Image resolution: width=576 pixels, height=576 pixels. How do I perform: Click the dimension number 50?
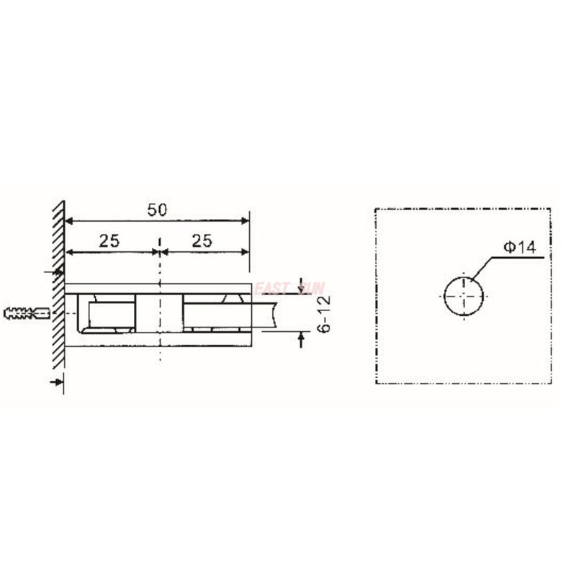pyautogui.click(x=157, y=210)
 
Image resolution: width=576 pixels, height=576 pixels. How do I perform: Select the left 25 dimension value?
pyautogui.click(x=109, y=241)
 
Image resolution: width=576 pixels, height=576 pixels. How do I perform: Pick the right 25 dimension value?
pyautogui.click(x=202, y=241)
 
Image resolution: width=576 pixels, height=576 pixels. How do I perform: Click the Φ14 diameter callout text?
pyautogui.click(x=520, y=248)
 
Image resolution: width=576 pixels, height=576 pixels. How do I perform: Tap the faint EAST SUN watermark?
pyautogui.click(x=288, y=289)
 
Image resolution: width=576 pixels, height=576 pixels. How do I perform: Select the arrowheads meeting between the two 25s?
pyautogui.click(x=158, y=252)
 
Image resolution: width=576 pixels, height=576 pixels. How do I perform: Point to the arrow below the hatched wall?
pyautogui.click(x=54, y=382)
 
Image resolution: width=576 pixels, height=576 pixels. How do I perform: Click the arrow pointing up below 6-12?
pyautogui.click(x=301, y=338)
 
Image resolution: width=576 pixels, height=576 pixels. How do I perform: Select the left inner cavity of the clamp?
pyautogui.click(x=108, y=314)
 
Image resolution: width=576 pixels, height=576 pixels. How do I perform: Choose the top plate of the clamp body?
pyautogui.click(x=158, y=288)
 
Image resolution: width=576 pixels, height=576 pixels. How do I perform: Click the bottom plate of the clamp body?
pyautogui.click(x=158, y=342)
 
